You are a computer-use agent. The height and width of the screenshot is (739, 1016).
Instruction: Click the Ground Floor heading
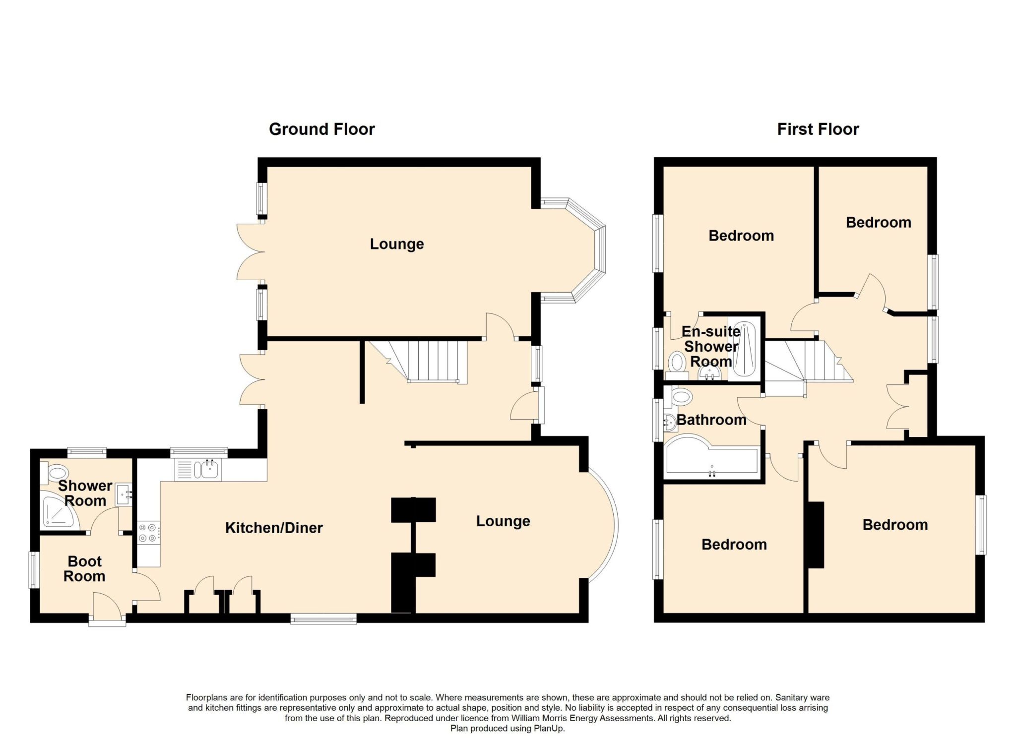(321, 129)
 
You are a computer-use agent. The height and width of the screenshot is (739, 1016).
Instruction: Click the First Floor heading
(818, 129)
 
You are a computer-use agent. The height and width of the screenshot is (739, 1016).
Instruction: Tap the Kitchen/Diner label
(274, 528)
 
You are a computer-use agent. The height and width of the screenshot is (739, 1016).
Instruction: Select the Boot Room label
(85, 569)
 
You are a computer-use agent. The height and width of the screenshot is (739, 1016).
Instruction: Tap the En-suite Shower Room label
(711, 346)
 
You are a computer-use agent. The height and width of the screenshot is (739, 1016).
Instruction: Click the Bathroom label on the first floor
(711, 420)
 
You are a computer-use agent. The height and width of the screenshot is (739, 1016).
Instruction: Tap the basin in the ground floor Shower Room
(124, 495)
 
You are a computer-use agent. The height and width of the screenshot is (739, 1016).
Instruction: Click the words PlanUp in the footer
(549, 729)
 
